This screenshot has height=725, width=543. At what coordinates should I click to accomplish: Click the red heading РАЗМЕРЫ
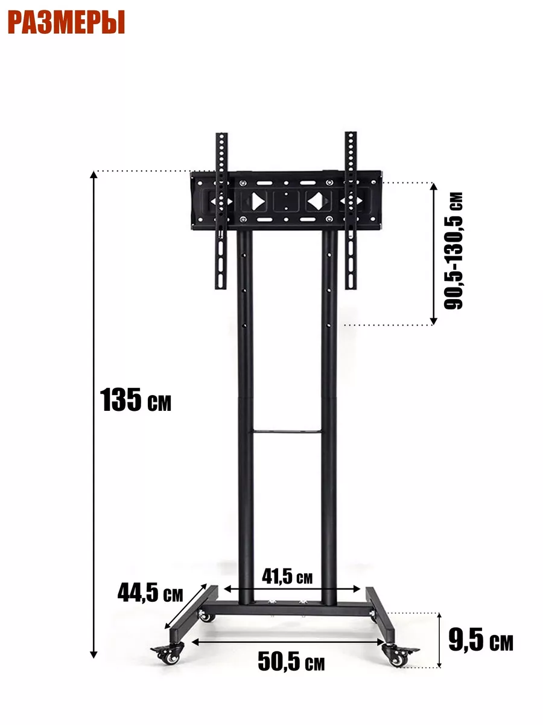[66, 22]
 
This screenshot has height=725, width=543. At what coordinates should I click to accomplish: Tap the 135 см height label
[136, 400]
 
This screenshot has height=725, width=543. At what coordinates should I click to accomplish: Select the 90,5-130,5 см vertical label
[453, 251]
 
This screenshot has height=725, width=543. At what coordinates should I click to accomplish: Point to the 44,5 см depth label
[150, 593]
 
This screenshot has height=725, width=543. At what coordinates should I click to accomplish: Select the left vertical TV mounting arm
[221, 211]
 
